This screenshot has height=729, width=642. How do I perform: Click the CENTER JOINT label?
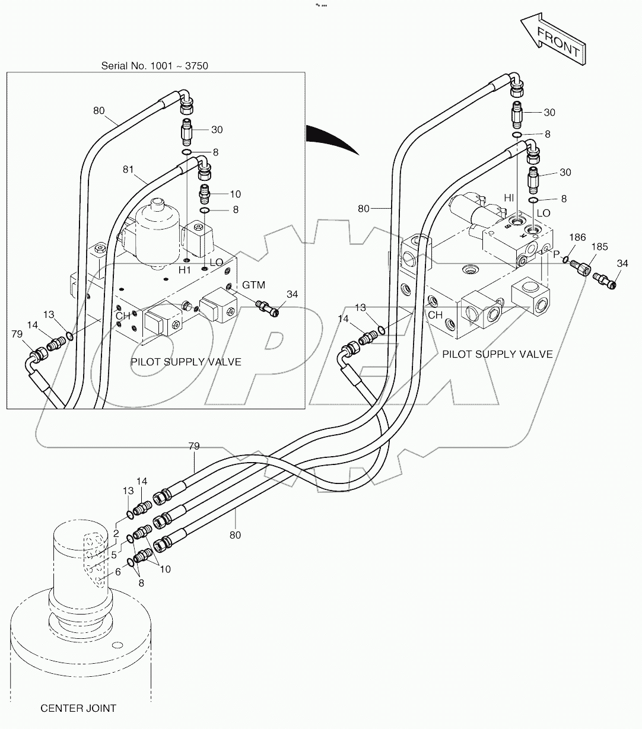tap(78, 708)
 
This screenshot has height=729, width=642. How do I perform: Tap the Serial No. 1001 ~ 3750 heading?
tap(154, 65)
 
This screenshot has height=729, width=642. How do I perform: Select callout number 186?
tap(577, 238)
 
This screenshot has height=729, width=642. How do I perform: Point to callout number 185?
tap(599, 247)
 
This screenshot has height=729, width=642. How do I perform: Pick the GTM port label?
tap(253, 285)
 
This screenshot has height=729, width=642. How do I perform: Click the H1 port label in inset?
tap(185, 270)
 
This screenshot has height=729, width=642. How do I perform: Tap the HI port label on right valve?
tap(509, 198)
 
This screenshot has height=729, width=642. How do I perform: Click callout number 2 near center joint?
tap(116, 534)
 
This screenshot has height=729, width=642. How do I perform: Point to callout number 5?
tap(113, 555)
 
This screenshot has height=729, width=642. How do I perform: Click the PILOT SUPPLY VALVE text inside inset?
tap(186, 362)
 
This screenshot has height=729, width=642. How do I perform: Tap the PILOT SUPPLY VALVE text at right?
tap(497, 354)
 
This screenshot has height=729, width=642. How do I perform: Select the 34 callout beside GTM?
tap(292, 294)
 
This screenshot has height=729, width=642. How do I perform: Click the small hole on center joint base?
tap(117, 645)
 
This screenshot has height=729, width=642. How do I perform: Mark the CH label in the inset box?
tap(123, 316)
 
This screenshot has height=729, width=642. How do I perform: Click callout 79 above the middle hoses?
tap(193, 445)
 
